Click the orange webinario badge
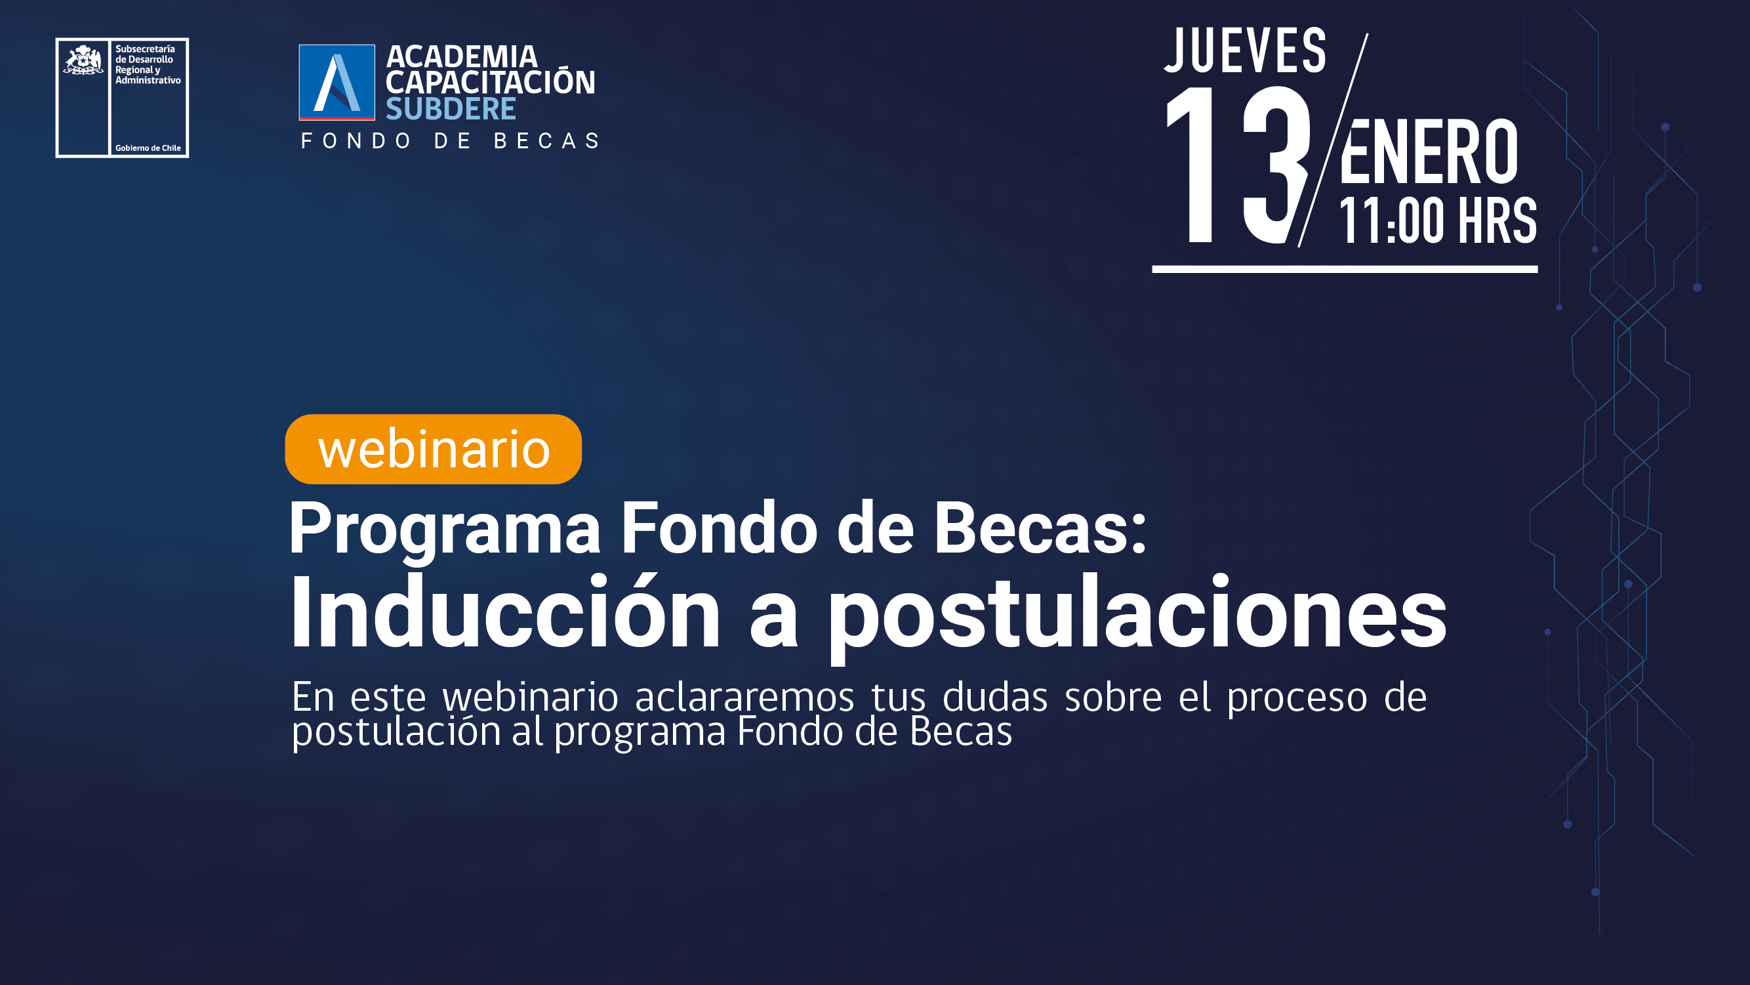tap(434, 450)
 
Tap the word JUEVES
tap(1245, 51)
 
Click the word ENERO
tap(1429, 152)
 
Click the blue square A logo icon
tap(337, 82)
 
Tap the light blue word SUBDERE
tap(451, 109)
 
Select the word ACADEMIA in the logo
tap(462, 56)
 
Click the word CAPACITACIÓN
tap(491, 82)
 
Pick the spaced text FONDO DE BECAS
tap(451, 140)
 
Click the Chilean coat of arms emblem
tap(83, 60)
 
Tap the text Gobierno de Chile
tap(148, 148)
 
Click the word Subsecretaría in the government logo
tap(145, 49)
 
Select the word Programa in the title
tap(445, 529)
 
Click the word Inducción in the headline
tap(505, 612)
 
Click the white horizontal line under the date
tap(1345, 269)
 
